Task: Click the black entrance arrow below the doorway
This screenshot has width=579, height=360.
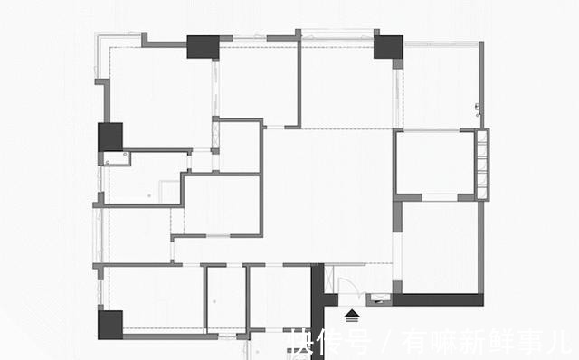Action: tap(352, 314)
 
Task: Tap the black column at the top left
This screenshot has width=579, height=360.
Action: tap(203, 46)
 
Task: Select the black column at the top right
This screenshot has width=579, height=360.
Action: tap(388, 47)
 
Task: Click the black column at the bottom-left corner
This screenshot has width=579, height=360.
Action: tap(109, 324)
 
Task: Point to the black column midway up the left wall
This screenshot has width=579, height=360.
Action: tap(110, 137)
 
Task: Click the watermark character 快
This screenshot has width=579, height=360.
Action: tap(302, 341)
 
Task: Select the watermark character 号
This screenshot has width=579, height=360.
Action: tap(360, 341)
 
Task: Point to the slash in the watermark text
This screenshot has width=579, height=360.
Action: tap(387, 341)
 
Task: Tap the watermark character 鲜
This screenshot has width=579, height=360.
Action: tap(501, 341)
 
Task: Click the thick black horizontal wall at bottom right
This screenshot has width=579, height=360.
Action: tap(438, 298)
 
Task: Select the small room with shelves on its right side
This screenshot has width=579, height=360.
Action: tap(435, 163)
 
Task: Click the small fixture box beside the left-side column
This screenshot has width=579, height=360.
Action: tap(118, 158)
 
